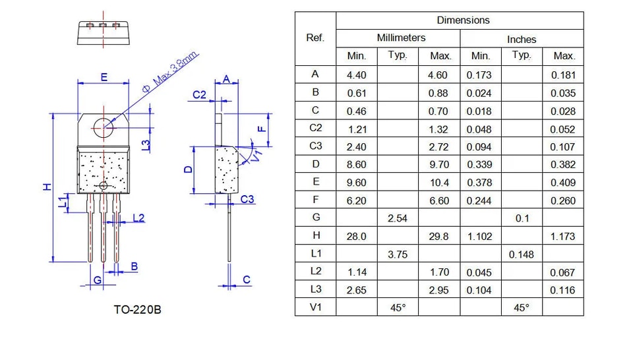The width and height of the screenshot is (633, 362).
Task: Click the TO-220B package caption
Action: pyautogui.click(x=137, y=309)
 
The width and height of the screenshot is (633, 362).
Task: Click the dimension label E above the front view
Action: pyautogui.click(x=104, y=76)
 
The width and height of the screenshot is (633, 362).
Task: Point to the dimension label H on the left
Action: pyautogui.click(x=47, y=187)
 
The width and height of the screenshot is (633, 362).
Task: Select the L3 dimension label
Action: pyautogui.click(x=146, y=145)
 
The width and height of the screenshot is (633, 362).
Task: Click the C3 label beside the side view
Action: pyautogui.click(x=247, y=199)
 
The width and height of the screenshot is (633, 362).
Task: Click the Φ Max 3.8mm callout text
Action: pyautogui.click(x=170, y=72)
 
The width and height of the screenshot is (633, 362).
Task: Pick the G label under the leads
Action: pyautogui.click(x=98, y=280)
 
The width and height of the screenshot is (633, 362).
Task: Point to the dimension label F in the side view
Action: pyautogui.click(x=262, y=129)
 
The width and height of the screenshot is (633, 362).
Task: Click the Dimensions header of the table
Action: pyautogui.click(x=463, y=20)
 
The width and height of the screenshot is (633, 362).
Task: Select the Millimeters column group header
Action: pyautogui.click(x=402, y=38)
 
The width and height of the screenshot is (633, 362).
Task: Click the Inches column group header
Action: pyautogui.click(x=522, y=40)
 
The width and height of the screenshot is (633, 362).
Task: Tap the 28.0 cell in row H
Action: pyautogui.click(x=357, y=237)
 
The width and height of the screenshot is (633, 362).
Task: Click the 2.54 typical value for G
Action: pyautogui.click(x=398, y=218)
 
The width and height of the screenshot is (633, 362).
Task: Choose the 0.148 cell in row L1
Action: pyautogui.click(x=521, y=255)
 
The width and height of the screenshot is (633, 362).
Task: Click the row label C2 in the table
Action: pyautogui.click(x=316, y=128)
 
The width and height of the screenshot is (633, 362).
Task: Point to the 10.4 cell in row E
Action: pyautogui.click(x=439, y=183)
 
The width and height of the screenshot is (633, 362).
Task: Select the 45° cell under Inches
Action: pyautogui.click(x=522, y=308)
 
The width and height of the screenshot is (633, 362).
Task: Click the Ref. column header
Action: pyautogui.click(x=315, y=38)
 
